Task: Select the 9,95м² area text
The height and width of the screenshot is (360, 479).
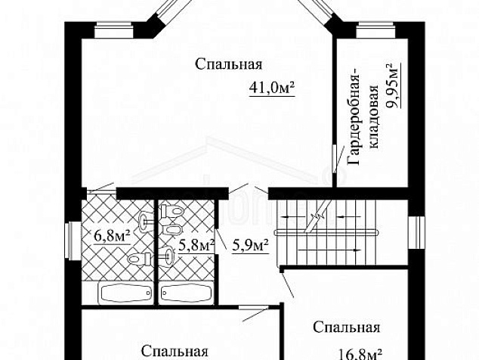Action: [x=394, y=88]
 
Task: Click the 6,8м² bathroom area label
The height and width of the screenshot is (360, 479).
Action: [x=111, y=234]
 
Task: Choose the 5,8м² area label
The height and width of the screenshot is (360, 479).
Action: [x=196, y=244]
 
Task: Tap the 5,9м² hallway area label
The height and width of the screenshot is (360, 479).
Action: [x=250, y=245]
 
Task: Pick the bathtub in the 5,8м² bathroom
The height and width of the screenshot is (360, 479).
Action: [x=184, y=293]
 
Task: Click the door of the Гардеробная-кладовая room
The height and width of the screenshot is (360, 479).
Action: [x=334, y=160]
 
